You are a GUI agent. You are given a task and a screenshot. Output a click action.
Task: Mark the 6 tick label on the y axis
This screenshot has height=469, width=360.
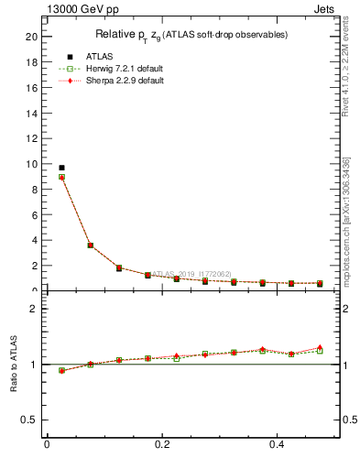34,215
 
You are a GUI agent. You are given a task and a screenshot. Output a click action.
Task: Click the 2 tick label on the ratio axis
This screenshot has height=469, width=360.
34,309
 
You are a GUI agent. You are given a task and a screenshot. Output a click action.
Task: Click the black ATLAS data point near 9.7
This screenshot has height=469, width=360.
61,168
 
